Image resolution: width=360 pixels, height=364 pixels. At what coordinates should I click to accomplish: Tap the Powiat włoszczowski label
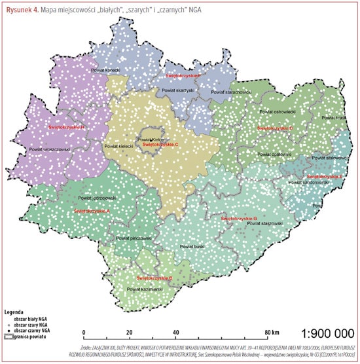(51, 149)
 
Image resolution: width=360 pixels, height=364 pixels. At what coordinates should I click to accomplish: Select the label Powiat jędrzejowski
(97, 198)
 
